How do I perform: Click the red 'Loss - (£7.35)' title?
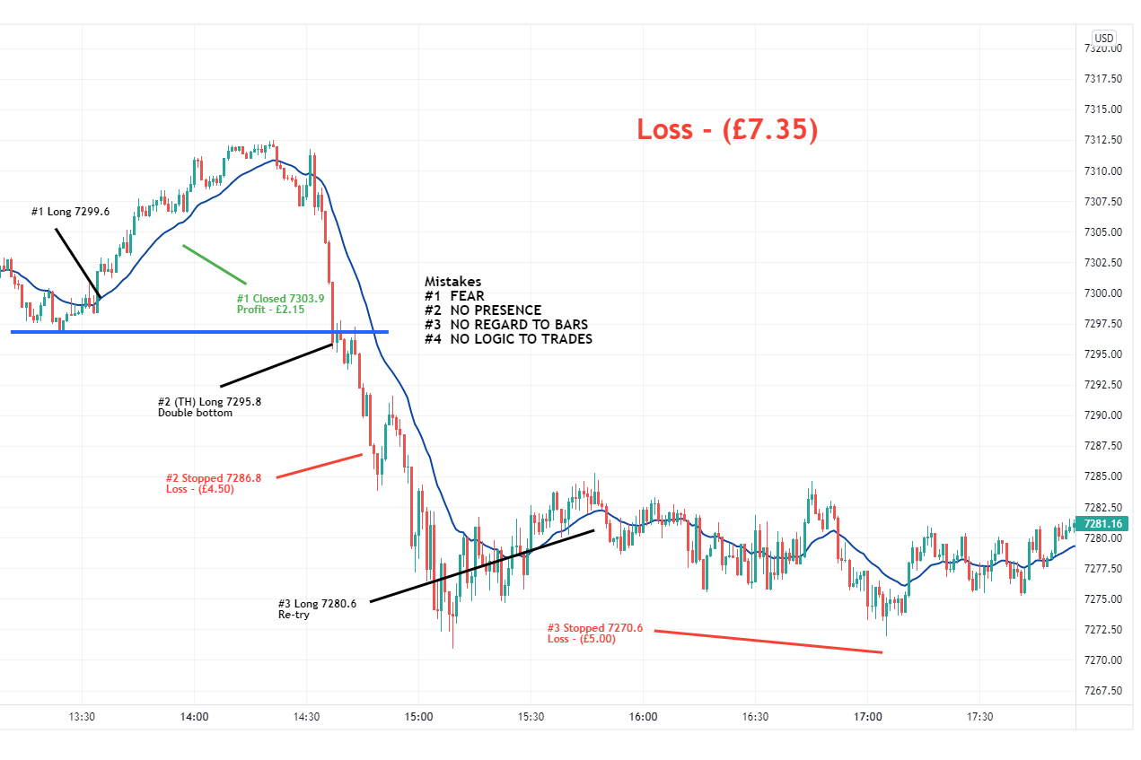tap(727, 129)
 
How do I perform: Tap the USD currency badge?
tap(1103, 39)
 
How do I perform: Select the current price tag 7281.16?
tap(1103, 524)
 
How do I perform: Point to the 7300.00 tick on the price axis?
tap(1103, 293)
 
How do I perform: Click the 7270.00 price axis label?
tap(1103, 660)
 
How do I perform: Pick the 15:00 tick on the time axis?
tap(418, 717)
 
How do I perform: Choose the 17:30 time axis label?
tap(980, 717)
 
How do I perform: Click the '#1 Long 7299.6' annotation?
tap(71, 213)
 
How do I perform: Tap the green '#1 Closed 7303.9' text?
tap(280, 299)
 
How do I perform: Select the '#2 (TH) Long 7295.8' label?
tap(209, 402)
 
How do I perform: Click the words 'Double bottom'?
tap(195, 414)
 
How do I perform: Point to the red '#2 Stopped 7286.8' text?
tap(214, 478)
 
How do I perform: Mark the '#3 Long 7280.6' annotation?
tap(317, 604)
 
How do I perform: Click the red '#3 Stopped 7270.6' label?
tap(595, 628)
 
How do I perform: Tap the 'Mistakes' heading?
tap(452, 282)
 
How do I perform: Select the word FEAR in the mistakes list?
tap(467, 296)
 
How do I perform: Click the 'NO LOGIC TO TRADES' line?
tap(521, 339)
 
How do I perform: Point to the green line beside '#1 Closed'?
tap(214, 265)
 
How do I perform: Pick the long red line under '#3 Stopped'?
tap(768, 642)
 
